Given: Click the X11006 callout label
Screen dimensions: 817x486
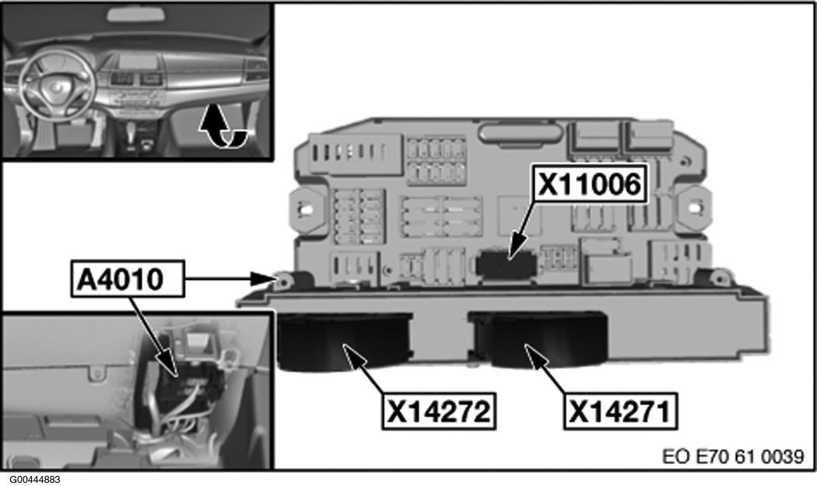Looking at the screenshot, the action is (589, 184).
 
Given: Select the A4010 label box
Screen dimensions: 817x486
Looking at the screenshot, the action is (128, 278).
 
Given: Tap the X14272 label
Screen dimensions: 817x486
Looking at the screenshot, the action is (439, 411).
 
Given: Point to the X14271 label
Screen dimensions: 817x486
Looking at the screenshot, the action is (620, 411).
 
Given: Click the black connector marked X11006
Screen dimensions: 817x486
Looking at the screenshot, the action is (506, 264).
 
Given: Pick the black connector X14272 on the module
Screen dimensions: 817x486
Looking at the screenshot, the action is (345, 341).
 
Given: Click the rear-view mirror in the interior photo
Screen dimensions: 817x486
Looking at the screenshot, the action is (136, 14).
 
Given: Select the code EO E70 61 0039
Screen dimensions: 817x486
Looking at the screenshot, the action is (733, 456).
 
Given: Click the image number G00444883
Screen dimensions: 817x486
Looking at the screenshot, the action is (31, 479).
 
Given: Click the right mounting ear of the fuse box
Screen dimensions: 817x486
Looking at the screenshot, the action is (695, 208).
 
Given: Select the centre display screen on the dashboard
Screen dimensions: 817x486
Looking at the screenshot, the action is (139, 61).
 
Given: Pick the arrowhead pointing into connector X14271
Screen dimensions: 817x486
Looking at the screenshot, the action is (534, 355).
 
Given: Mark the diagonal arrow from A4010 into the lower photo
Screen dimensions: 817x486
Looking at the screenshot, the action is (154, 336).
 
